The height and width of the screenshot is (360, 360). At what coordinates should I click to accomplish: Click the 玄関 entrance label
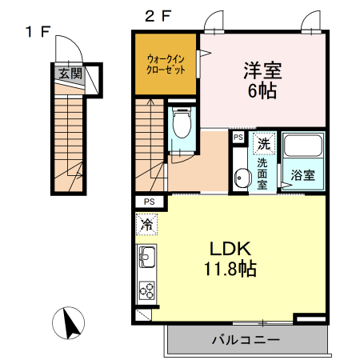coord(70,74)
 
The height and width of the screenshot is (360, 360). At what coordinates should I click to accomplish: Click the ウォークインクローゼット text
coord(166,63)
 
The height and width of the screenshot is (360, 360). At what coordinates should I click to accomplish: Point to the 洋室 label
coord(262,70)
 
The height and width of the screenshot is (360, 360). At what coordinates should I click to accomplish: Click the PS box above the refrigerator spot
coord(150,201)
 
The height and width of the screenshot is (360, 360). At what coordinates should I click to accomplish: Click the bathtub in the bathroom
coord(303,147)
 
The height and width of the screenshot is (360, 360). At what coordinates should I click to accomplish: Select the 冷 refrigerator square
coord(147,226)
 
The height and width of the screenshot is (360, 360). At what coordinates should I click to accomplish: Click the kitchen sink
coord(147,258)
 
